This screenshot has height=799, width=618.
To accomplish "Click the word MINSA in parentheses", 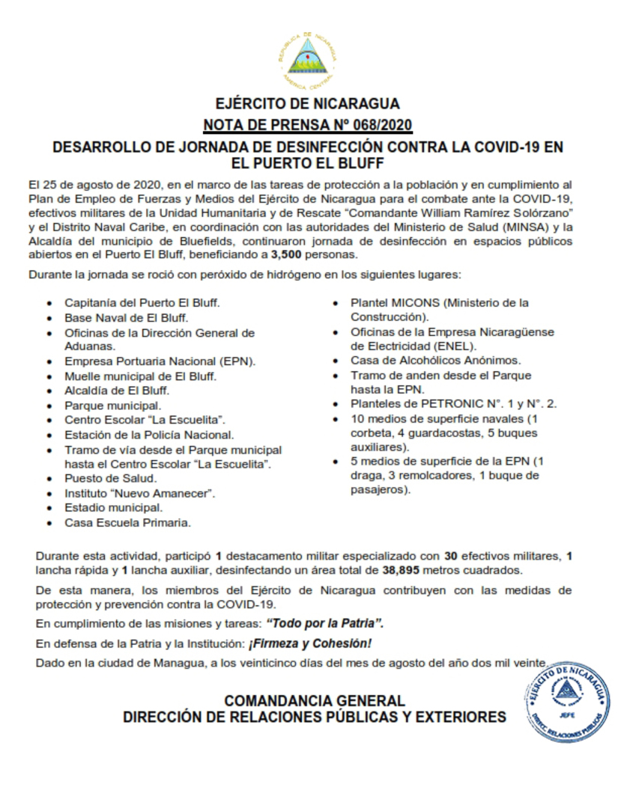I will coord(515,227).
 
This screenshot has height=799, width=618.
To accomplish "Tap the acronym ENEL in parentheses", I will coord(457,346).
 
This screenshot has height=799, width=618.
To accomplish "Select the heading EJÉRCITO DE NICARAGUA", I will coord(307,104).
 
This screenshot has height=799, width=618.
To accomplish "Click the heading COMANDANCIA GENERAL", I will coord(315,701).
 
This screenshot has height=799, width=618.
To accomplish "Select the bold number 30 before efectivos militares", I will coord(450,556).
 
